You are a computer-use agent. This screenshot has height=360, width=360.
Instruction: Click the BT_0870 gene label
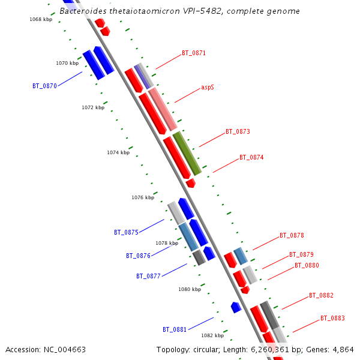coord(44,86)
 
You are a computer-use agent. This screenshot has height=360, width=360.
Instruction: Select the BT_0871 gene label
coord(194,53)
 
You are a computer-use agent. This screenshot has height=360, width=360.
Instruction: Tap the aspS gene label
coord(208,87)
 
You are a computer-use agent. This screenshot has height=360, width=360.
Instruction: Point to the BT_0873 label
coord(238,131)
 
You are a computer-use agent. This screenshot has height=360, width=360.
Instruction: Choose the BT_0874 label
coord(251,157)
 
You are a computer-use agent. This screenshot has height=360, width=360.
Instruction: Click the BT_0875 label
coord(126,232)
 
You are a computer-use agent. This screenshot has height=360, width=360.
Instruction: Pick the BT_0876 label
coord(138,256)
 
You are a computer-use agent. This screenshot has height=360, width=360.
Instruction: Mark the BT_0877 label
coord(148,277)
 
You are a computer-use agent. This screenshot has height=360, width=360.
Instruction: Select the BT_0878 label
coord(292,235)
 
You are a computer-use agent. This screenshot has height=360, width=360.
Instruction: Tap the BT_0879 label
coord(301,254)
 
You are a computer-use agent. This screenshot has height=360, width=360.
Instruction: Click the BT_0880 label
coord(307,265)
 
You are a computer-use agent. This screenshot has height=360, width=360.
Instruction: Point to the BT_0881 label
coord(175,329)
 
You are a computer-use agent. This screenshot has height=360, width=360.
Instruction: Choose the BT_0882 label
coord(321,295)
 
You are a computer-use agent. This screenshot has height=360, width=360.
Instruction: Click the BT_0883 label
coord(332,318)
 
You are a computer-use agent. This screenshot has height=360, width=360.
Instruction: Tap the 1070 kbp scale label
coord(67,63)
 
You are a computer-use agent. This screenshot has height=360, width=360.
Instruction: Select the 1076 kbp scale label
coord(143,197)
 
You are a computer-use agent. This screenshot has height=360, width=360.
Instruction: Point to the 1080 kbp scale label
coord(190,289)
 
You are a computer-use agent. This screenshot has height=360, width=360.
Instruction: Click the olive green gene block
coord(187,153)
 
